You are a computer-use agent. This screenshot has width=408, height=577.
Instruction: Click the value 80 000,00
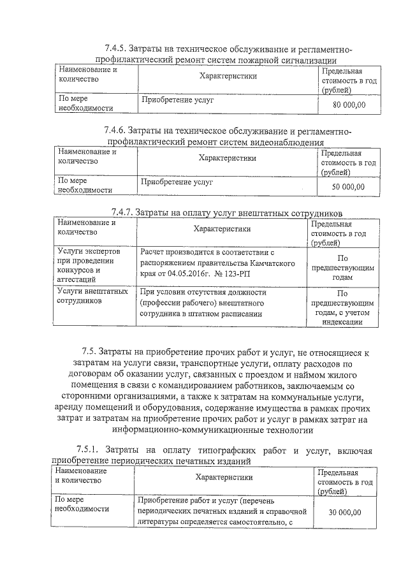349,105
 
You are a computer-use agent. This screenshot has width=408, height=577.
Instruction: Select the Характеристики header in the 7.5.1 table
224,477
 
